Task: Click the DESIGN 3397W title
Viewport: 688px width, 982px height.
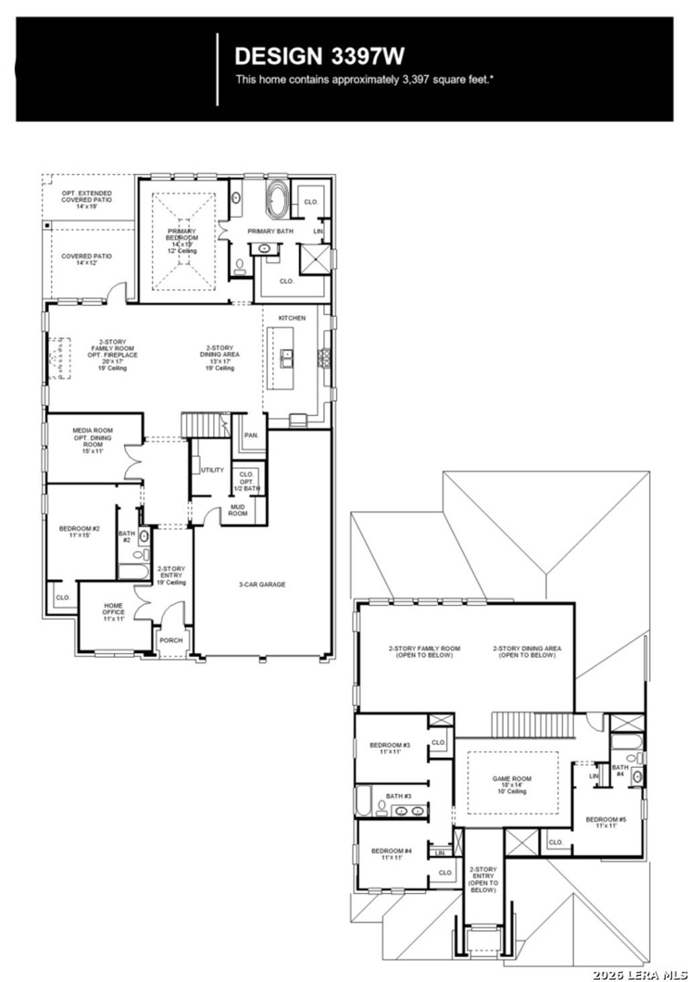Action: (319, 55)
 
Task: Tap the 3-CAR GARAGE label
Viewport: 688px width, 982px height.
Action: (262, 585)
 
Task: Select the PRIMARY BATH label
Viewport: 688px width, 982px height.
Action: (270, 232)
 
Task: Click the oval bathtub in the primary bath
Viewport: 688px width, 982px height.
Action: (277, 199)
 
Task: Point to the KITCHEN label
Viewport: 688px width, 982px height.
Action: (292, 318)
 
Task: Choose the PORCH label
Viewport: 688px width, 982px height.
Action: (171, 640)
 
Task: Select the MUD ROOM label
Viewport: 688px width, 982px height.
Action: (238, 510)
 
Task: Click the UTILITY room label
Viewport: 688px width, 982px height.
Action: (212, 470)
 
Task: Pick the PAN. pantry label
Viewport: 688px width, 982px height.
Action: (251, 436)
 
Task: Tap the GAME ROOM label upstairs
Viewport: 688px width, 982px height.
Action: (512, 783)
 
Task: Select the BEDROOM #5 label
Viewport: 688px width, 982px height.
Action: (605, 822)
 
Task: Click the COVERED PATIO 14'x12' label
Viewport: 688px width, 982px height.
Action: (87, 260)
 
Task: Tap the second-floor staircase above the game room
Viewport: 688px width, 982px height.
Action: (532, 725)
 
